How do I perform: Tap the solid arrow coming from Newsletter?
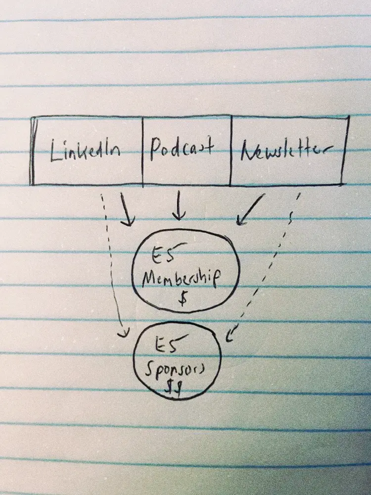click(x=250, y=211)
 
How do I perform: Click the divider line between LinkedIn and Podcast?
click(x=142, y=151)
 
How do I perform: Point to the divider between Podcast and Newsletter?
click(x=231, y=151)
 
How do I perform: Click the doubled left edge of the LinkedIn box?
click(x=32, y=151)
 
